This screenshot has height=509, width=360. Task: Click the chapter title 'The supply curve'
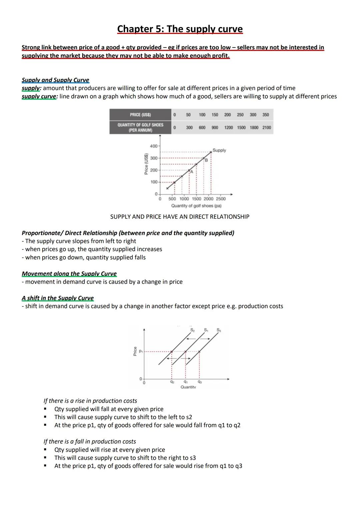(x=180, y=29)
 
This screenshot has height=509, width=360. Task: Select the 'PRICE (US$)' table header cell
(x=140, y=115)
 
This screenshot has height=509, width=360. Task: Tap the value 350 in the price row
(x=266, y=115)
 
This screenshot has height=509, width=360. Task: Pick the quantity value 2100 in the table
(x=267, y=128)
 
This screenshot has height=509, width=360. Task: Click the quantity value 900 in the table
(x=215, y=128)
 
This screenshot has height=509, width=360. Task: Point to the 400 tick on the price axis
(x=154, y=146)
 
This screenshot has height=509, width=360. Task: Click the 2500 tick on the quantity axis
(x=221, y=199)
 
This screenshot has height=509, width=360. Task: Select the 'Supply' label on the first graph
(x=219, y=150)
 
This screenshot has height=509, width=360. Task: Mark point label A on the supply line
(x=192, y=172)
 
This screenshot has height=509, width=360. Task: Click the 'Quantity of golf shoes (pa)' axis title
(x=196, y=206)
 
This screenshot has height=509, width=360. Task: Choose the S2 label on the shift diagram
(x=192, y=330)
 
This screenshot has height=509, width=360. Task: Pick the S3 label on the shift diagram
(x=219, y=330)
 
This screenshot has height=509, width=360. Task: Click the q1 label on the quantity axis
(x=186, y=382)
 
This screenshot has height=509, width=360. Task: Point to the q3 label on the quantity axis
(x=199, y=382)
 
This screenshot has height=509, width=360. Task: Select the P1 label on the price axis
(x=141, y=351)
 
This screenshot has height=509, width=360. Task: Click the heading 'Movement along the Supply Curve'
(x=69, y=274)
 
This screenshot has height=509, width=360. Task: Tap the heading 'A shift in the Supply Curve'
(x=58, y=298)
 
